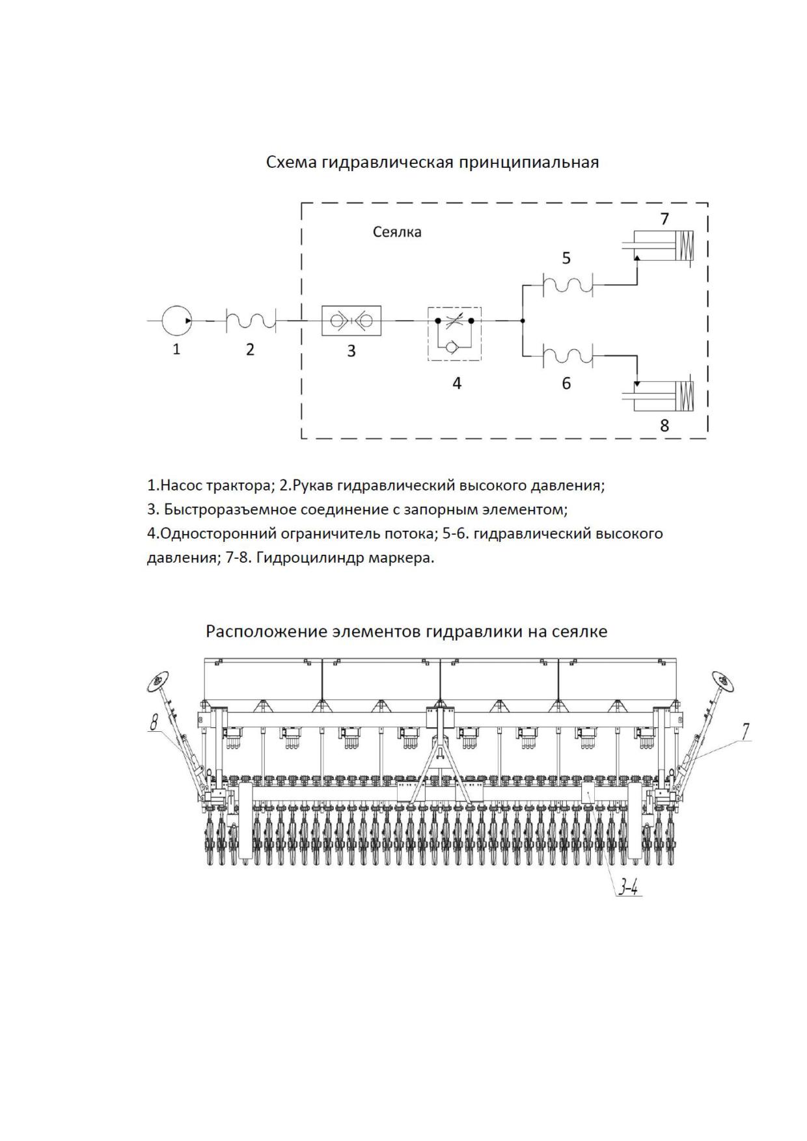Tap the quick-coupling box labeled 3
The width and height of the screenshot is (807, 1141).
(351, 320)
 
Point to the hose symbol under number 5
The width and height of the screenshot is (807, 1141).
(568, 284)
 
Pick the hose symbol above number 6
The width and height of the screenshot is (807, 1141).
(568, 356)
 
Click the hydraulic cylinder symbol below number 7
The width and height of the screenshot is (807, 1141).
(657, 247)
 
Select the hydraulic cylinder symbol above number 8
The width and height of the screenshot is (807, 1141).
(657, 396)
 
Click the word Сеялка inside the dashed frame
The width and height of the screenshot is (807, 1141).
(397, 232)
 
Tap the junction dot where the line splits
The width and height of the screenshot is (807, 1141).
(523, 321)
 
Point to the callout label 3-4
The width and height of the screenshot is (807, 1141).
(628, 887)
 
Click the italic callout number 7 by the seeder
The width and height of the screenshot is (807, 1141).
(746, 731)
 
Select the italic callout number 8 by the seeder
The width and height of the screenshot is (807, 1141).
(154, 722)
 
